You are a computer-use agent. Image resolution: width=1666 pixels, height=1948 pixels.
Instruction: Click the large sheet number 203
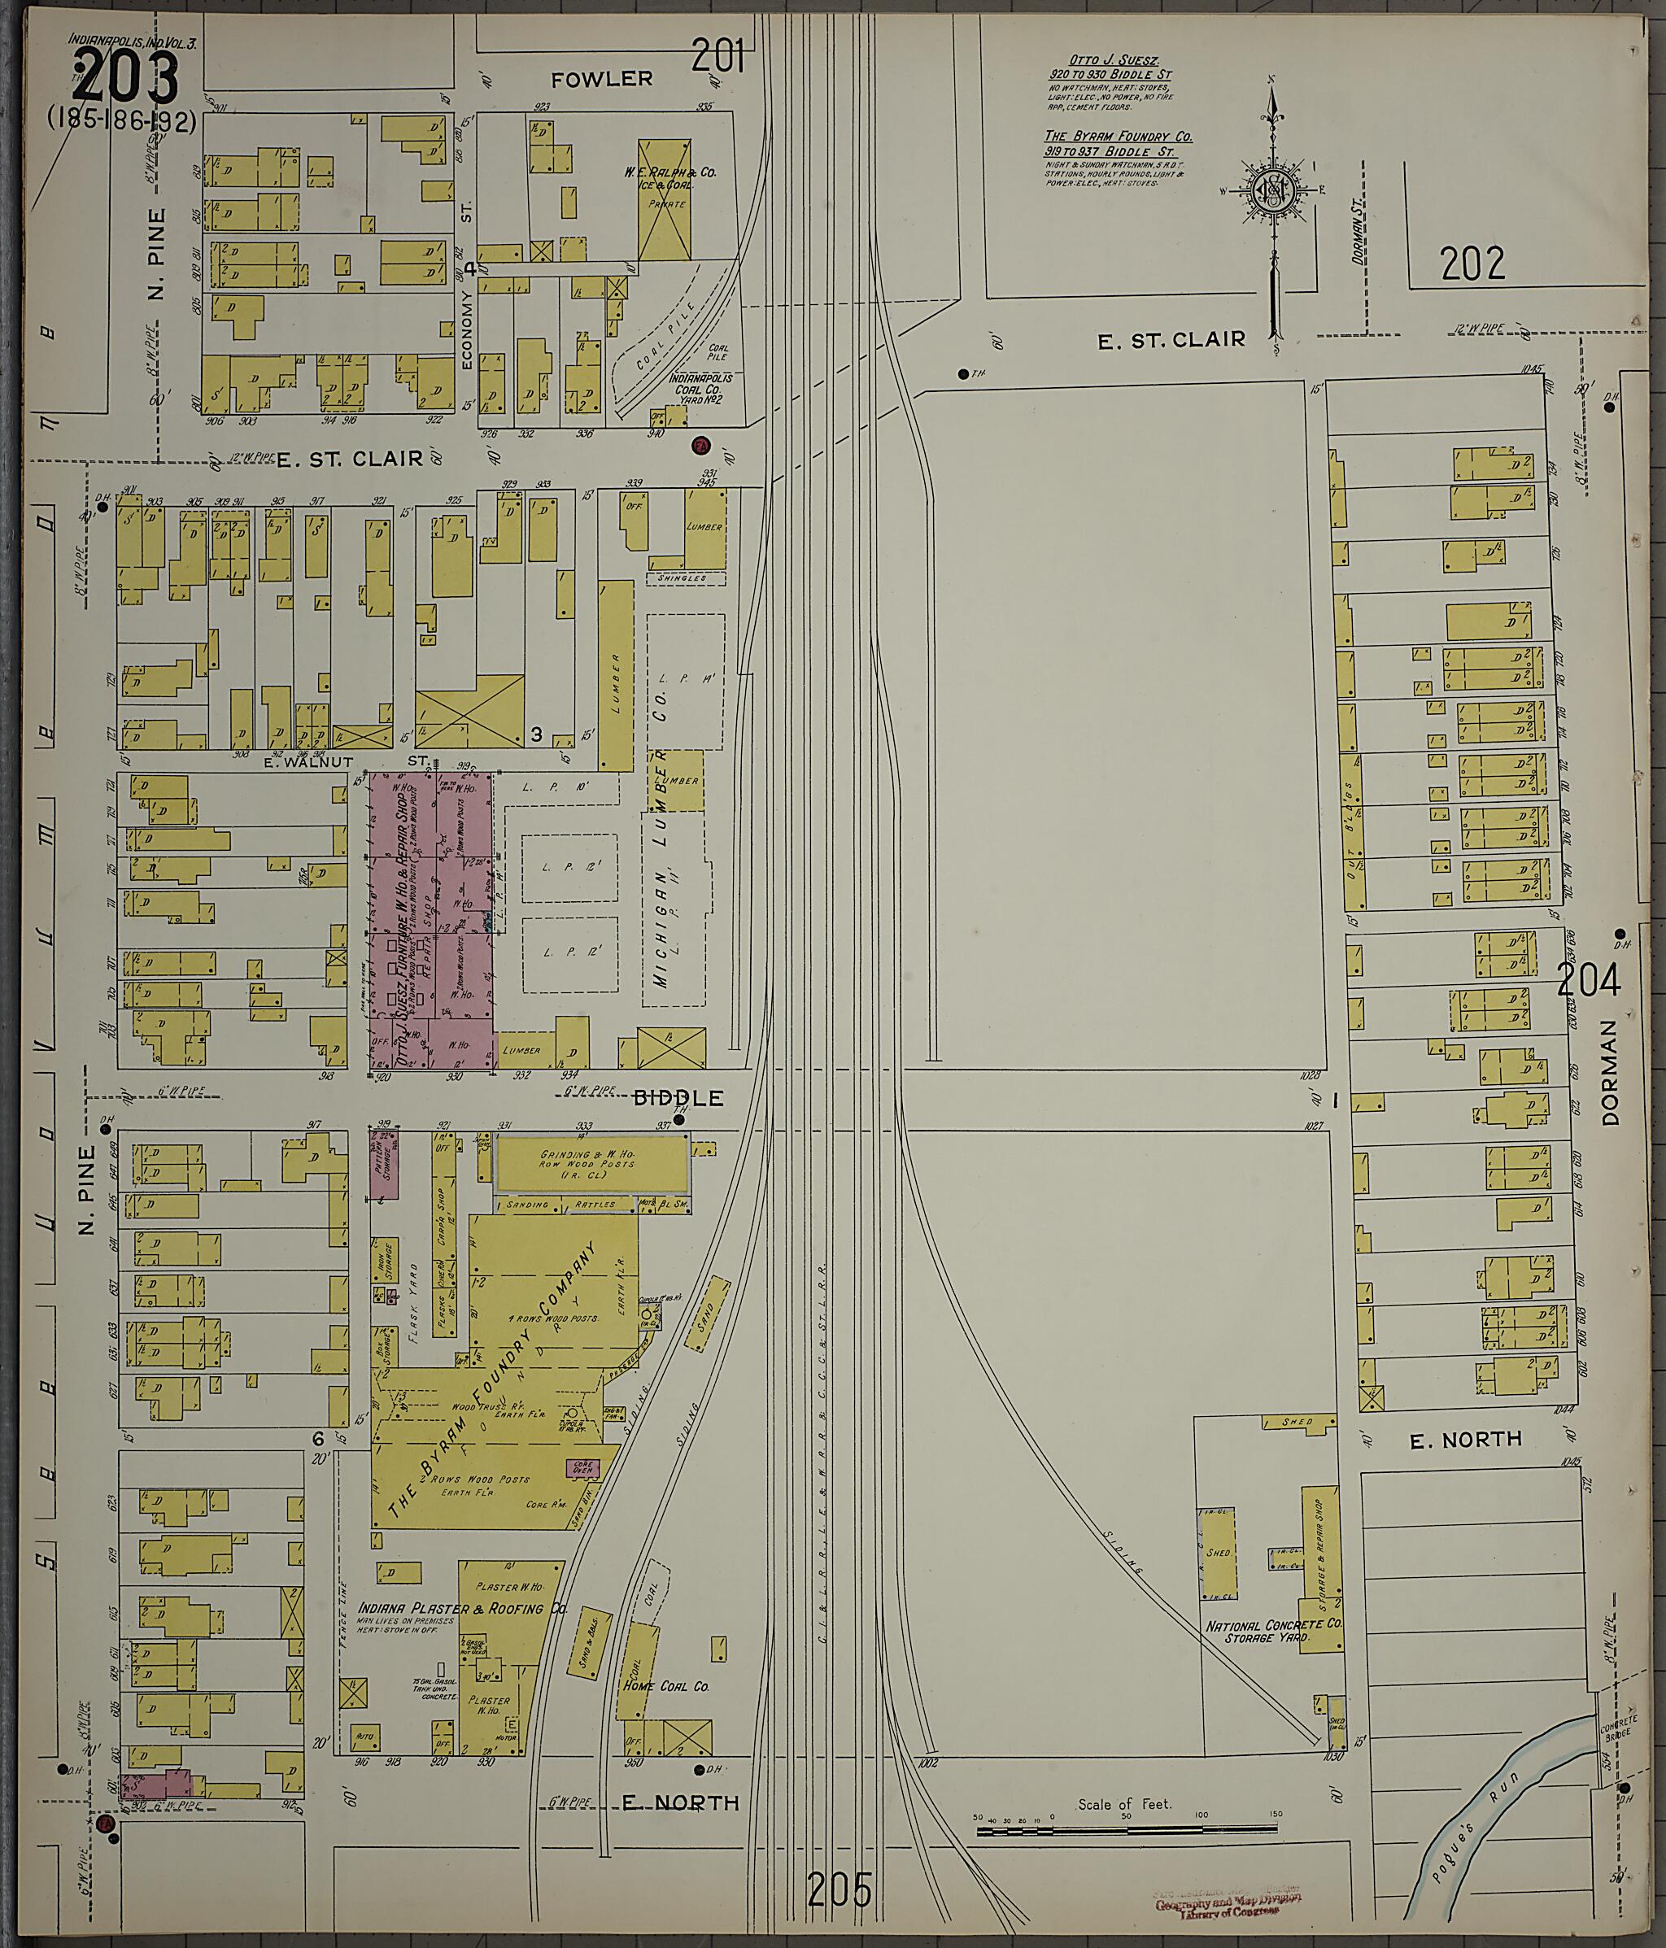pyautogui.click(x=124, y=77)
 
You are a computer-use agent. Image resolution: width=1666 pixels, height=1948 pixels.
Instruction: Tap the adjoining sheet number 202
pyautogui.click(x=1472, y=264)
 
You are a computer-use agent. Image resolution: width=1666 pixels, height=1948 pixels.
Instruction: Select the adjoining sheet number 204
pyautogui.click(x=1588, y=982)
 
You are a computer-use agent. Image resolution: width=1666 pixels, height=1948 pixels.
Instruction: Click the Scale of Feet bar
pyautogui.click(x=1127, y=1831)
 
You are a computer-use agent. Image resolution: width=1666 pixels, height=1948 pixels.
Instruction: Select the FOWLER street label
pyautogui.click(x=602, y=79)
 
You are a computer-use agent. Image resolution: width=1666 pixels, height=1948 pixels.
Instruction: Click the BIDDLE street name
pyautogui.click(x=690, y=1097)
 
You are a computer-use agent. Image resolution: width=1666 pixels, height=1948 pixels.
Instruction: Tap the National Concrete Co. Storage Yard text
pyautogui.click(x=1274, y=1631)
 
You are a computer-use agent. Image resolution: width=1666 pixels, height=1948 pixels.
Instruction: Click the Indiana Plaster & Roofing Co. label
pyautogui.click(x=463, y=1609)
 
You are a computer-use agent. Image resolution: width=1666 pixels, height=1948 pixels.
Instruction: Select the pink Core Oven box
pyautogui.click(x=582, y=1466)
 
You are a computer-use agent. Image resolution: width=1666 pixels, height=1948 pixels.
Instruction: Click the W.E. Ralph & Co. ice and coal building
pyautogui.click(x=665, y=199)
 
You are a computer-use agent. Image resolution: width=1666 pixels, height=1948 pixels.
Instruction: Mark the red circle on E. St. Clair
pyautogui.click(x=700, y=445)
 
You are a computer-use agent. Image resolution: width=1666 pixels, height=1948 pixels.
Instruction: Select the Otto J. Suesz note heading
pyautogui.click(x=1110, y=60)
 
